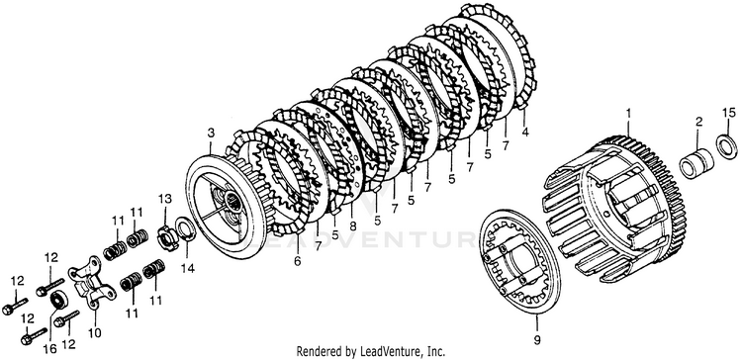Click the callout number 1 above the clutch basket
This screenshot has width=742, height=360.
pyautogui.click(x=628, y=114)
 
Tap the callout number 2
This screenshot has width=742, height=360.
pyautogui.click(x=698, y=122)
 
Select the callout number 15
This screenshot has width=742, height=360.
pyautogui.click(x=729, y=113)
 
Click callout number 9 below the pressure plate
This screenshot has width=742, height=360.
pyautogui.click(x=537, y=339)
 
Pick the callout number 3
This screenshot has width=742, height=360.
pyautogui.click(x=211, y=133)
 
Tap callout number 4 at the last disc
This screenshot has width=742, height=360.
pyautogui.click(x=524, y=132)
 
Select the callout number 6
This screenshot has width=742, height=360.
pyautogui.click(x=297, y=261)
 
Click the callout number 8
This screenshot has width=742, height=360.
pyautogui.click(x=352, y=226)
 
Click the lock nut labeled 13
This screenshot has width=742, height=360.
pyautogui.click(x=166, y=235)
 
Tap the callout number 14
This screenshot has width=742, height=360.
pyautogui.click(x=187, y=268)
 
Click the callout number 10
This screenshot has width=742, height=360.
pyautogui.click(x=94, y=333)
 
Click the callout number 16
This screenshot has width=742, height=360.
pyautogui.click(x=49, y=349)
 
